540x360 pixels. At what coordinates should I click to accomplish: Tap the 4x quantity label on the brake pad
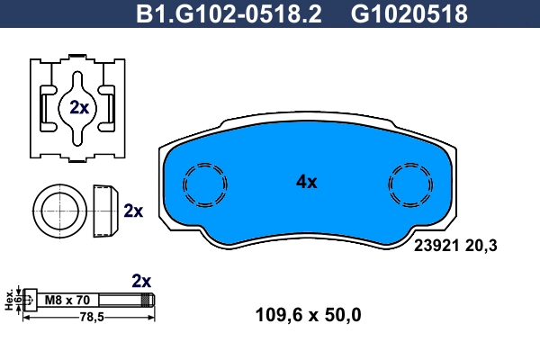click(307, 182)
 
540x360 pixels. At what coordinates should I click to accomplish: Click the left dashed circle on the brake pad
click(204, 186)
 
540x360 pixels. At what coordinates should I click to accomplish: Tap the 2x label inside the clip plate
click(78, 107)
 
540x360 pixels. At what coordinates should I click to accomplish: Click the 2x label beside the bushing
click(133, 211)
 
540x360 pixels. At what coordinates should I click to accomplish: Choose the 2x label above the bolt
click(141, 280)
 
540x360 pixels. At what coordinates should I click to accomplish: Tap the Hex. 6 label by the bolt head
click(11, 299)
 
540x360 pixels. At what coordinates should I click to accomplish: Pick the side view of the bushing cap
click(105, 211)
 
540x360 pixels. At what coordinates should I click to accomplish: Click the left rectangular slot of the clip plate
click(46, 108)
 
